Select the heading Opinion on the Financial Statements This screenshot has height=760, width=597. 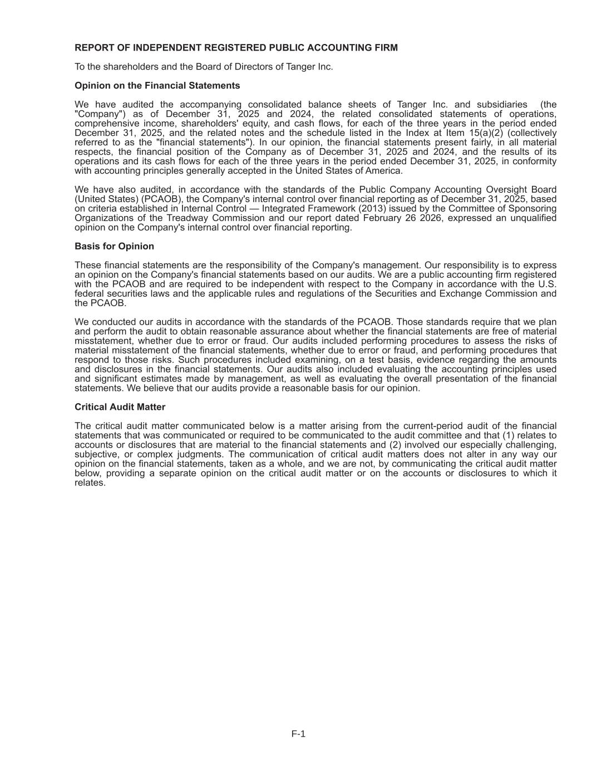[157, 86]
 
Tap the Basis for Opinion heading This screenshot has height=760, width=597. [114, 246]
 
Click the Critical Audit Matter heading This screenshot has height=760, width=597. [120, 407]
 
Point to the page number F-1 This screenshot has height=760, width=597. [298, 734]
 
